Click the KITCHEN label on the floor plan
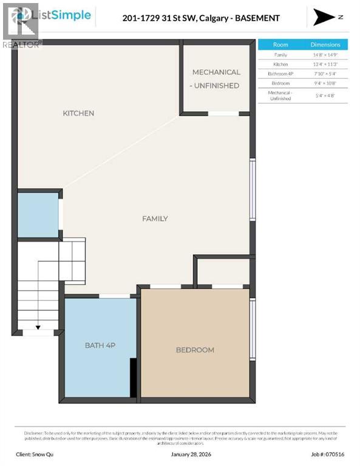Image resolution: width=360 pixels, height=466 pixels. [x=78, y=113]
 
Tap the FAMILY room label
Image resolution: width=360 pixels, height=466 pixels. [x=155, y=218]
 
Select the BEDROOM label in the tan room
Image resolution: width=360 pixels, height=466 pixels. [x=195, y=349]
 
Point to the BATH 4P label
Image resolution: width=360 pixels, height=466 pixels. [x=100, y=345]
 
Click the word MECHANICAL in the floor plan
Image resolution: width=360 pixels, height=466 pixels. [x=216, y=72]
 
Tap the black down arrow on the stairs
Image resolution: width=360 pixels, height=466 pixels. [x=38, y=328]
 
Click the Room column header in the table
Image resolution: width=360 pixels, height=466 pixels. [x=280, y=45]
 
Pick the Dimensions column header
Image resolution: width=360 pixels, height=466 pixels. [x=325, y=45]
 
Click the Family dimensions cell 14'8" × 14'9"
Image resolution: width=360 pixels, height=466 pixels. [x=325, y=55]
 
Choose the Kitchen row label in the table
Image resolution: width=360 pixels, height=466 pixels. [x=280, y=64]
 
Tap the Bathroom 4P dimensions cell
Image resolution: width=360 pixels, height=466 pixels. [x=325, y=73]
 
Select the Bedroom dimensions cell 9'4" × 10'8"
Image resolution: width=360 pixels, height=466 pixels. [x=325, y=83]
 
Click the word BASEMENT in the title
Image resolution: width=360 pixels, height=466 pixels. [x=258, y=18]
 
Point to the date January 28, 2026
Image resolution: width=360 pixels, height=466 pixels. [x=180, y=453]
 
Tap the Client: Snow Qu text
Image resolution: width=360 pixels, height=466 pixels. [x=38, y=453]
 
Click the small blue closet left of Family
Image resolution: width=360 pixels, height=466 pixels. [x=38, y=215]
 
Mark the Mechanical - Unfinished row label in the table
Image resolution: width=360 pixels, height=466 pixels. [x=280, y=95]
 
